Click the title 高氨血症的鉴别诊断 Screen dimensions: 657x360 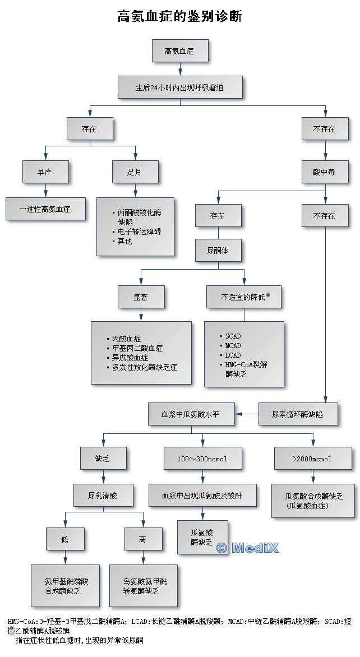(180, 16)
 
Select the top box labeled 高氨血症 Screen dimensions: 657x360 (180, 51)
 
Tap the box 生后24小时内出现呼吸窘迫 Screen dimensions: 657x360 (180, 87)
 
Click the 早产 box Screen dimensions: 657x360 (45, 172)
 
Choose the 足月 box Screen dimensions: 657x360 (135, 172)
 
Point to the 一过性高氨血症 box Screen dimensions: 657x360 (45, 209)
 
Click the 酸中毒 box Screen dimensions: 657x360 (325, 172)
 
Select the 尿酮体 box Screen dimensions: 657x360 (218, 251)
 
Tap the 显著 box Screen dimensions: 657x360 (141, 297)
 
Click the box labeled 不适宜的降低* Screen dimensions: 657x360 (244, 297)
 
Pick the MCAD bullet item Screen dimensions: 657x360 (233, 346)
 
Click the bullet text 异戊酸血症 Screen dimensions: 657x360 (130, 358)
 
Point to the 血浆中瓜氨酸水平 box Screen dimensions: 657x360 (191, 414)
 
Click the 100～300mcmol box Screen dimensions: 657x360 (202, 459)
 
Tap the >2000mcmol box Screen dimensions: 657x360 (312, 459)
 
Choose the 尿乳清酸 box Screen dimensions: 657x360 (103, 496)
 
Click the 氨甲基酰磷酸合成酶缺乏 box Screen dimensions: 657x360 (65, 585)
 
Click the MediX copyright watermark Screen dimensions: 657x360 (247, 548)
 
